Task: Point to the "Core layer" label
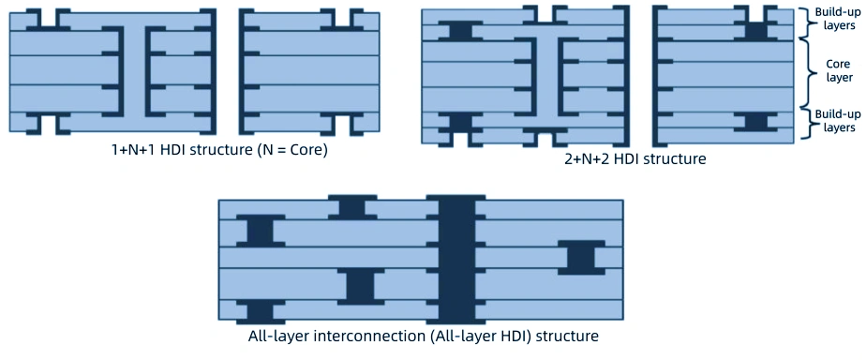(836, 73)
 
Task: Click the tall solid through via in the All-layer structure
(456, 258)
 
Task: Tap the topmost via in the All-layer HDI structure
(352, 207)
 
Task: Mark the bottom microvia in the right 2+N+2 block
(756, 122)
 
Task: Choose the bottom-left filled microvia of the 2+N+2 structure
(461, 122)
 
